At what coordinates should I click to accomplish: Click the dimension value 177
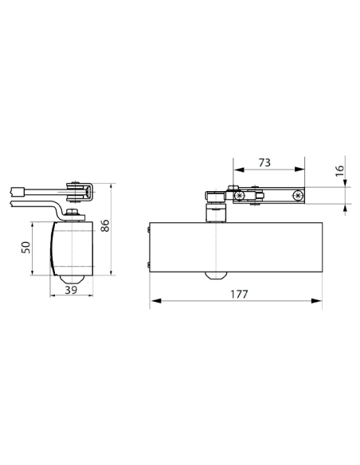pyautogui.click(x=239, y=294)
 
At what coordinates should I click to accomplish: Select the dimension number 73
pyautogui.click(x=264, y=162)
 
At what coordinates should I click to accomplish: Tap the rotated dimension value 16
pyautogui.click(x=340, y=170)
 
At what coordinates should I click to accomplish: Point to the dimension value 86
pyautogui.click(x=105, y=225)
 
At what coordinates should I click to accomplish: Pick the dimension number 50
pyautogui.click(x=25, y=248)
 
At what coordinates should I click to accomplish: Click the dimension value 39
pyautogui.click(x=71, y=290)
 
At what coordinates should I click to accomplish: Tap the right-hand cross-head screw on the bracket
pyautogui.click(x=298, y=195)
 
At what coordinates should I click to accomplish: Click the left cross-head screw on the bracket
pyautogui.click(x=239, y=195)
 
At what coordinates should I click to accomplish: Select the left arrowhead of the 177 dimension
pyautogui.click(x=156, y=301)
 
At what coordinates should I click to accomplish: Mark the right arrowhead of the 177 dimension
pyautogui.click(x=316, y=301)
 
